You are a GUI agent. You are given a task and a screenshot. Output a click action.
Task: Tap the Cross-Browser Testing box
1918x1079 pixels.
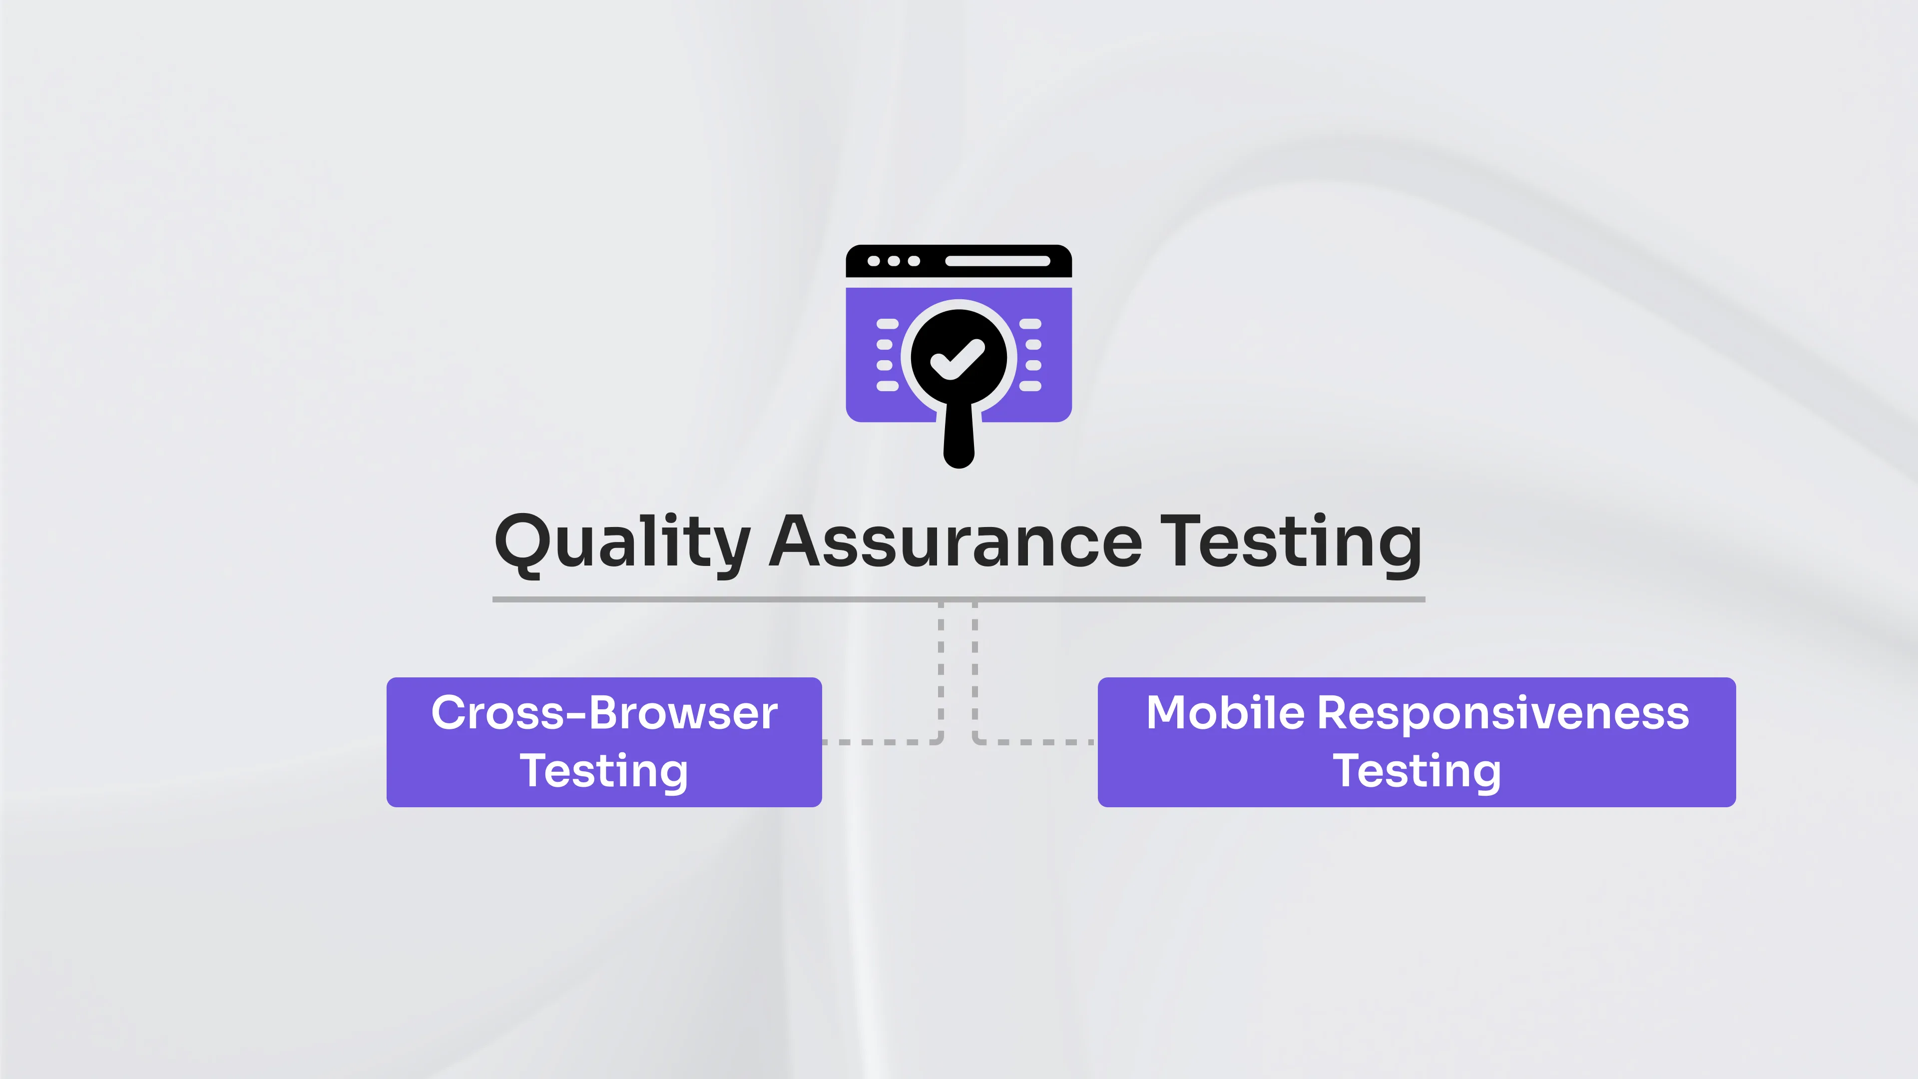[604, 742]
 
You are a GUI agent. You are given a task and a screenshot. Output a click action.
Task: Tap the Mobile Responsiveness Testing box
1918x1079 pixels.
[1416, 742]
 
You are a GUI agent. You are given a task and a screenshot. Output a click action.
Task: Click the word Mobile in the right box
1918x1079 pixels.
[1225, 713]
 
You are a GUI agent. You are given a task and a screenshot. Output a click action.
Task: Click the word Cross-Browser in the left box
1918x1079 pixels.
[604, 713]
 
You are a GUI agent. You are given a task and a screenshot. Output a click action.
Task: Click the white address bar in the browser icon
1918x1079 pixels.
[997, 261]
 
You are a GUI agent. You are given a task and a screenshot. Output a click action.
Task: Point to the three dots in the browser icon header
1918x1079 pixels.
[894, 261]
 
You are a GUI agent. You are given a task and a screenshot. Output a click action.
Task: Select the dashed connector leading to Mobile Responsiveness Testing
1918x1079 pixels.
[1035, 742]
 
